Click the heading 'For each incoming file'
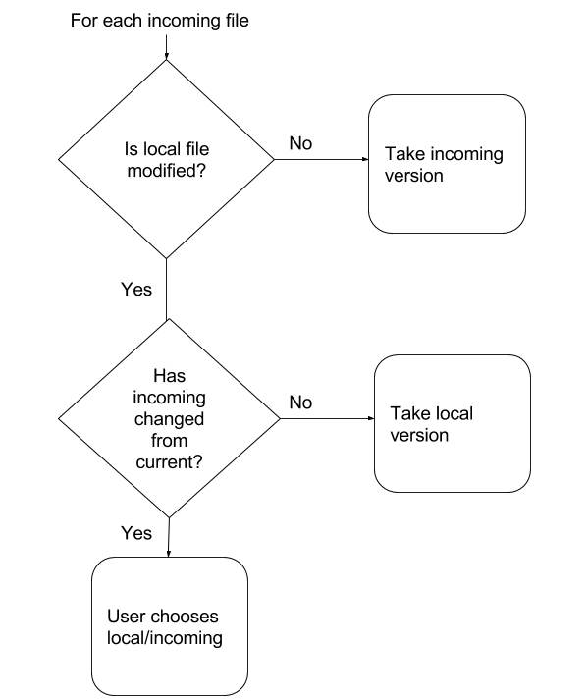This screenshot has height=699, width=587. click(160, 21)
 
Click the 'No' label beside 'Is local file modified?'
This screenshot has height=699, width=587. click(300, 143)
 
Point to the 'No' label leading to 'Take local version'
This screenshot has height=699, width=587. click(300, 403)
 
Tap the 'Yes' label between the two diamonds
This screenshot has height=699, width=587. click(136, 290)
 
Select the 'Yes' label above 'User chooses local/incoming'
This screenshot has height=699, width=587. click(136, 533)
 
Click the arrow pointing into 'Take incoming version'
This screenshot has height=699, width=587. click(321, 159)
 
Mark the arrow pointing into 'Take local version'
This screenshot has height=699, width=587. click(327, 418)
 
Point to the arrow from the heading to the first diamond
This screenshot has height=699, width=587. click(166, 47)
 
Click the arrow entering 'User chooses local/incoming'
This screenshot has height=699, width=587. click(169, 537)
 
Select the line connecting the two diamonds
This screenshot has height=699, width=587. click(166, 289)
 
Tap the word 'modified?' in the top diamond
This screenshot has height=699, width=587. click(167, 171)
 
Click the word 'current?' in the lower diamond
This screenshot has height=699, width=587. click(169, 462)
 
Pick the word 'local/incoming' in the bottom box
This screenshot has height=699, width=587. click(165, 638)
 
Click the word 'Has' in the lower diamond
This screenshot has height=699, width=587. click(170, 376)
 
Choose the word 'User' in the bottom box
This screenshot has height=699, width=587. click(126, 617)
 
